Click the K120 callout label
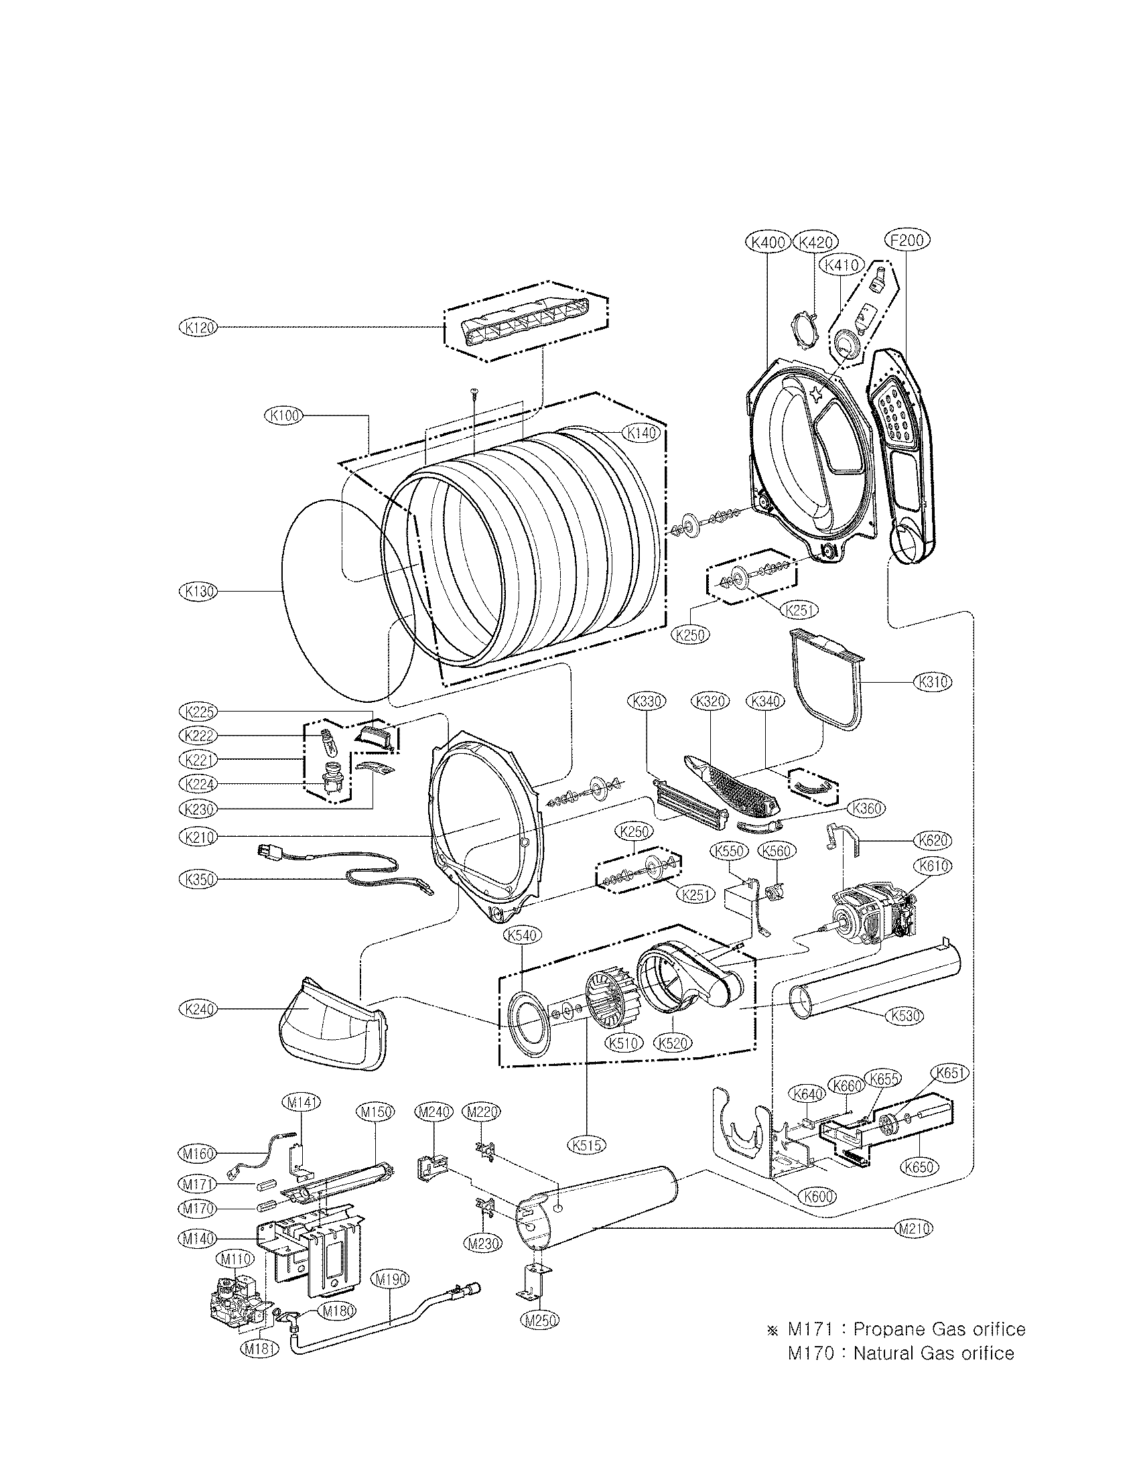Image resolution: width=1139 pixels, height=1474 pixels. tap(196, 328)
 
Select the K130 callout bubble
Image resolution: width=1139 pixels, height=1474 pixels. tap(196, 591)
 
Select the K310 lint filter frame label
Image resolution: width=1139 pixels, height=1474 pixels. tap(933, 681)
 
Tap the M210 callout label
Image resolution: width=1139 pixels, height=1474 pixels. tap(915, 1228)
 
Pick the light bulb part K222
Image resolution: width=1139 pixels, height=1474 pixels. tap(329, 742)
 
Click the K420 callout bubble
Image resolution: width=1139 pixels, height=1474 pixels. tap(816, 243)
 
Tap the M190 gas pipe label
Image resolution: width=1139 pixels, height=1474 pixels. tap(391, 1260)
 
